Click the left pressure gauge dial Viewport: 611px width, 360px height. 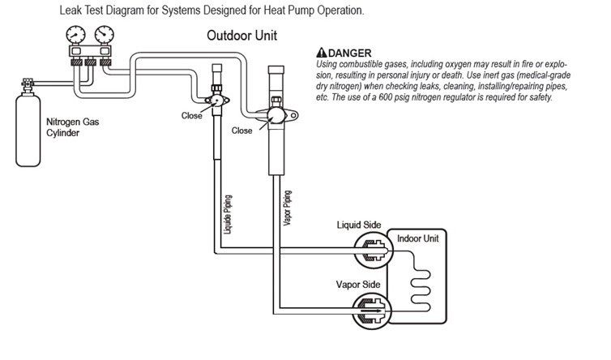point(78,36)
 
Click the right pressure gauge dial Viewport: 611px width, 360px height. point(104,36)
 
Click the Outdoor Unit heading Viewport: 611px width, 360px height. point(242,36)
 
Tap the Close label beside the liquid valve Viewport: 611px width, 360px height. point(191,116)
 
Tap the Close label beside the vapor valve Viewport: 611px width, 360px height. point(242,130)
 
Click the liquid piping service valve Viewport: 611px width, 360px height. point(216,101)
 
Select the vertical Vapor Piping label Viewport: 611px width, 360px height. point(287,210)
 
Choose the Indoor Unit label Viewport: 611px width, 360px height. point(417,239)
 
